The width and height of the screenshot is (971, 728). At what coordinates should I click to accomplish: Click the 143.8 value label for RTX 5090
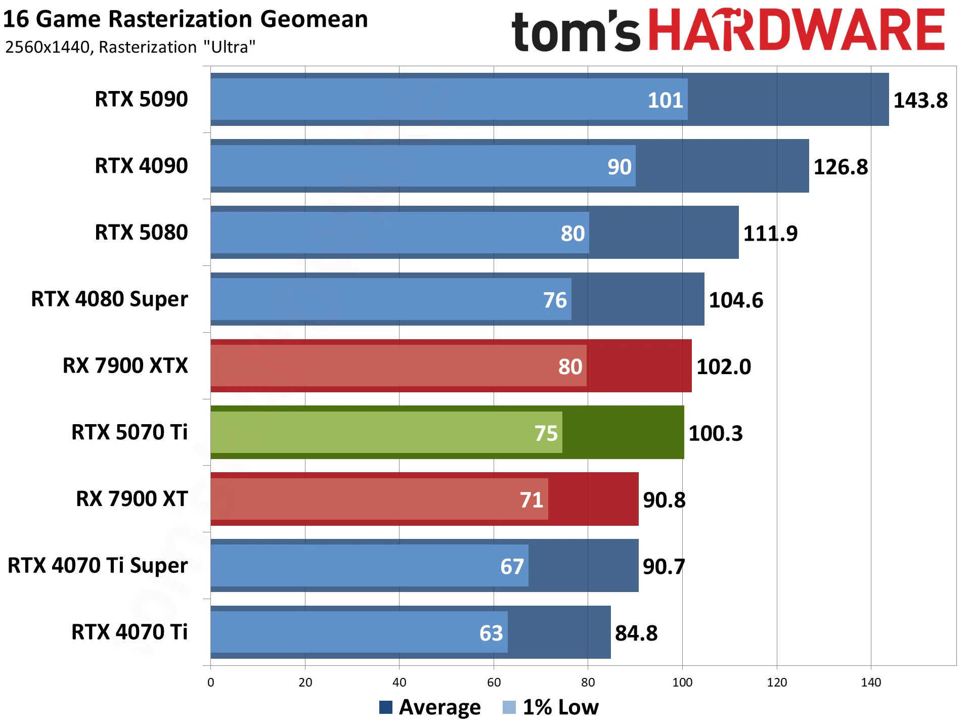[x=920, y=100]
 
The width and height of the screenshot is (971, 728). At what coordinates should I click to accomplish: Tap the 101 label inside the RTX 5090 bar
[x=665, y=100]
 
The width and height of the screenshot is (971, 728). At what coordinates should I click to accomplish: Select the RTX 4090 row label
[x=141, y=166]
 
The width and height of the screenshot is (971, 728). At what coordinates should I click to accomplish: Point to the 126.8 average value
[x=840, y=167]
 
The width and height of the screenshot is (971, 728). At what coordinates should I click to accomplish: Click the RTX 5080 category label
[x=141, y=233]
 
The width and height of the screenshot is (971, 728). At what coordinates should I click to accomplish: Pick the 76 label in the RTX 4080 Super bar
[x=555, y=300]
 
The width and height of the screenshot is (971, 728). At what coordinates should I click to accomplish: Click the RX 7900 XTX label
[x=125, y=366]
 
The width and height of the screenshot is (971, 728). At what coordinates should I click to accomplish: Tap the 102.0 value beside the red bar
[x=723, y=367]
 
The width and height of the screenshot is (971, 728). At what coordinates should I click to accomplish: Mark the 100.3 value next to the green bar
[x=715, y=433]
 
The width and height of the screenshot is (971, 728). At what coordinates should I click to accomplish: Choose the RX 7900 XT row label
[x=131, y=499]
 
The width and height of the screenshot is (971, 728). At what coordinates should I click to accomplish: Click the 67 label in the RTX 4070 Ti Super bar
[x=512, y=567]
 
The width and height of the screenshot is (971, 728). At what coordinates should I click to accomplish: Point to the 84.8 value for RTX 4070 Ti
[x=636, y=633]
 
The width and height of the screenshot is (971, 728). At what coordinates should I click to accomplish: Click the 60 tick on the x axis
[x=494, y=682]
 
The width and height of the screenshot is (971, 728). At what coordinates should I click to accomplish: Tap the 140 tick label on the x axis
[x=871, y=682]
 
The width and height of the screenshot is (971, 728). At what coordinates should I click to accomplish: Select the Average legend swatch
[x=386, y=707]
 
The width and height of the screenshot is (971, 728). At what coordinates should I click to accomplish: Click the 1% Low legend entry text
[x=560, y=707]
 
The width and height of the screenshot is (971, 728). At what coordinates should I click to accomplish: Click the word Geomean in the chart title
[x=314, y=19]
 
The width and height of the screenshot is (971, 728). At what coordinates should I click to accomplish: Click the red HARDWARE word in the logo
[x=796, y=30]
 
